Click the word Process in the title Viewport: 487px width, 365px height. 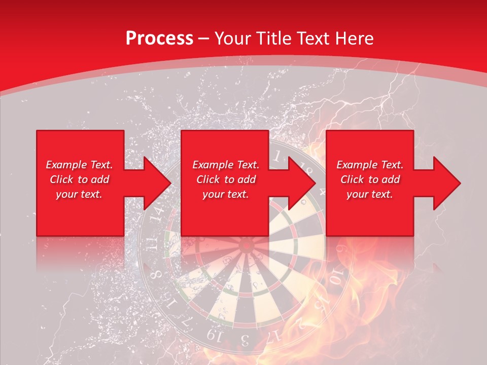159,39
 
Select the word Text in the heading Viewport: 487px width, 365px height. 311,39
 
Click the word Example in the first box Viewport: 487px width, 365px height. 65,165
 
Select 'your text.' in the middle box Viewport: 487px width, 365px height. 225,195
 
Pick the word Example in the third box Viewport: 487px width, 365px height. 356,165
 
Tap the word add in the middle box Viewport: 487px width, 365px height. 247,179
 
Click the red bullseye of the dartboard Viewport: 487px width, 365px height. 247,246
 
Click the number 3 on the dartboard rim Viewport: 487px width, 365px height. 245,339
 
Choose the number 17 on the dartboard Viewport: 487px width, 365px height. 274,335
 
